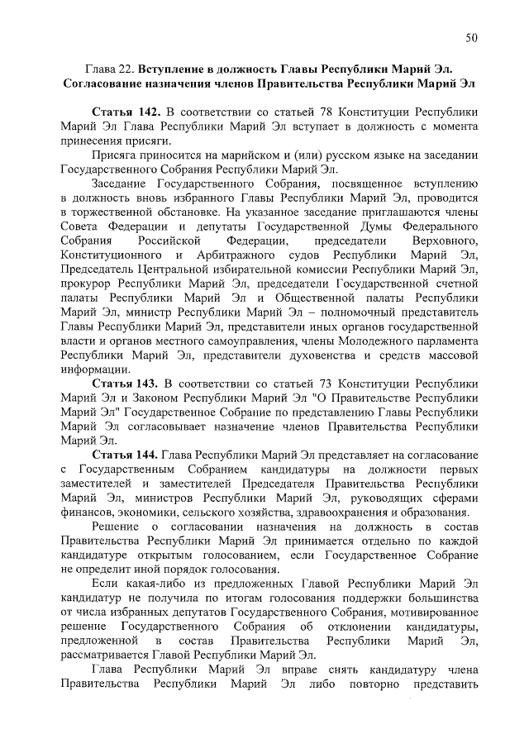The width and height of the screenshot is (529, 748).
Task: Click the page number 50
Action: coord(471,37)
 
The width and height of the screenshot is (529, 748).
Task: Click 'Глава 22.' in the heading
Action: coord(112,68)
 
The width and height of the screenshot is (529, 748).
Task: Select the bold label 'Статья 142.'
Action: coord(125,111)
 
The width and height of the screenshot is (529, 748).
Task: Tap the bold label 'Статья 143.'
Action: coord(125,384)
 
